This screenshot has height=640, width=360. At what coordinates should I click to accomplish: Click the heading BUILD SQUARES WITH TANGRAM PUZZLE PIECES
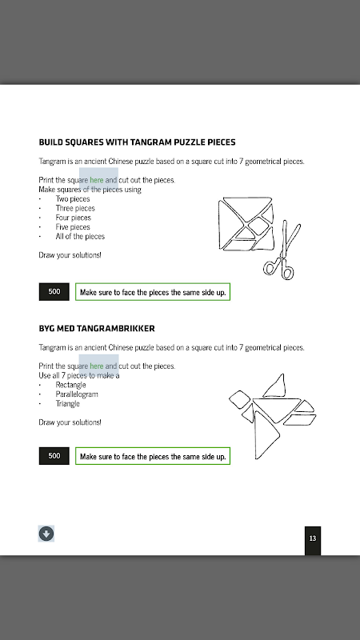click(x=137, y=142)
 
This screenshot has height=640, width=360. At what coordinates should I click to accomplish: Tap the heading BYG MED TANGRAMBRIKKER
click(x=97, y=328)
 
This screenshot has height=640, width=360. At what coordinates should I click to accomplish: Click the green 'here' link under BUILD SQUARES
click(x=97, y=179)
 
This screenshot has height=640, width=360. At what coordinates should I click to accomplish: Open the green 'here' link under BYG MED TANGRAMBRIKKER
click(x=97, y=366)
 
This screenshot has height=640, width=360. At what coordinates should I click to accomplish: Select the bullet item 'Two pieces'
click(x=73, y=198)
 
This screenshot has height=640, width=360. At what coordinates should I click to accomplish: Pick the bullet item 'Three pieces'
click(x=75, y=208)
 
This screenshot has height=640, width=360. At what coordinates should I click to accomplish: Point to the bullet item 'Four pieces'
click(x=74, y=218)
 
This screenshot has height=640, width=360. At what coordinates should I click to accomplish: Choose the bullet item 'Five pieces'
click(x=73, y=227)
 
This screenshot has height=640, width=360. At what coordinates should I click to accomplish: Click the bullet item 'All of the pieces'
click(x=80, y=236)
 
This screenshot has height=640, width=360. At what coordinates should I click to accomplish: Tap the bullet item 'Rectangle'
click(x=71, y=385)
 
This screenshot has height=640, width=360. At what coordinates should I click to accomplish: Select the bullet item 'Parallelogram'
click(x=77, y=394)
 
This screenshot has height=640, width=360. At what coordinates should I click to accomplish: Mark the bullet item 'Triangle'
click(x=68, y=404)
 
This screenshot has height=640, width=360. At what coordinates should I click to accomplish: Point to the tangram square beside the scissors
click(x=246, y=223)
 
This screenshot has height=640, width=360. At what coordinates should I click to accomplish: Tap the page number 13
click(x=313, y=538)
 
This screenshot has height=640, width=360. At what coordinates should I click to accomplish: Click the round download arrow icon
click(x=46, y=534)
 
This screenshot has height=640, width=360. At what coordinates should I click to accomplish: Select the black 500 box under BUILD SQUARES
click(x=54, y=292)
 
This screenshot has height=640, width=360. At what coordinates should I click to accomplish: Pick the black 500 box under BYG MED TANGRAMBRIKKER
click(x=54, y=456)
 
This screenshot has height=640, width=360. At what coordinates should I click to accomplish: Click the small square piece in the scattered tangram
click(x=240, y=399)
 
